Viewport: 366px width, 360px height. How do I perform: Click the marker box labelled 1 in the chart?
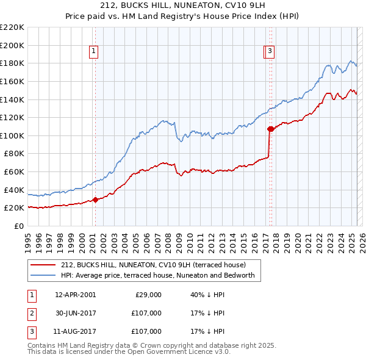(94, 52)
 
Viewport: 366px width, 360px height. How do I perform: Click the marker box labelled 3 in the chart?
(270, 52)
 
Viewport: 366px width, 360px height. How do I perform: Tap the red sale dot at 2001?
(95, 200)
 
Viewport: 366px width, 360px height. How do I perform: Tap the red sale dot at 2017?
(270, 129)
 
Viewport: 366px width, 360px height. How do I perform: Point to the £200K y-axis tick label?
(12, 45)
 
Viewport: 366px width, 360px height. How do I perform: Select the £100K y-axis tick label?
(12, 135)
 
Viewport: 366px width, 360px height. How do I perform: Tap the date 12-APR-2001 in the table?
(75, 295)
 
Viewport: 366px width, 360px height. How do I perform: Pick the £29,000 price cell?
(148, 295)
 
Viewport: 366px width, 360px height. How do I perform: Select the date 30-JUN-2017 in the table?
(75, 313)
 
